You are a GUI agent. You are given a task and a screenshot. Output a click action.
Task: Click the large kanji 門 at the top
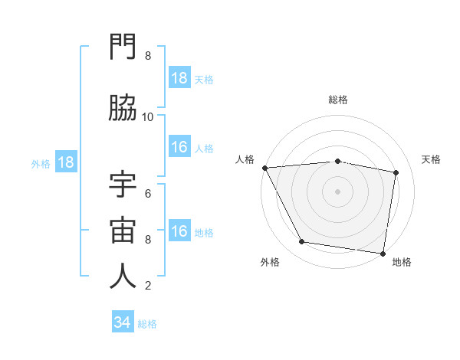123,49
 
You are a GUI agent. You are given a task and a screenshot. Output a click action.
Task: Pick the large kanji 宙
123,231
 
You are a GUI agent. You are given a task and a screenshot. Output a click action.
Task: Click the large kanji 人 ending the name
123,277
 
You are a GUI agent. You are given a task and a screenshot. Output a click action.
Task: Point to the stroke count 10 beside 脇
148,117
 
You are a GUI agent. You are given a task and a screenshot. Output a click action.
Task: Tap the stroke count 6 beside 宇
148,193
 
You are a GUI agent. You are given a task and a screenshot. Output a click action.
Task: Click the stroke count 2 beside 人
148,286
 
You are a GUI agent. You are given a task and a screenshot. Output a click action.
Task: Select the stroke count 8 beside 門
148,57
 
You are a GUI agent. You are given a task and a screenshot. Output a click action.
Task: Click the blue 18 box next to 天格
179,78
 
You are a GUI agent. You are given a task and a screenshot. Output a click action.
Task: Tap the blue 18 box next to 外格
65,162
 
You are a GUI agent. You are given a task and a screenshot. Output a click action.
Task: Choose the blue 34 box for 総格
122,322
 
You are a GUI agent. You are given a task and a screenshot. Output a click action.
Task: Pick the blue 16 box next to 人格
179,147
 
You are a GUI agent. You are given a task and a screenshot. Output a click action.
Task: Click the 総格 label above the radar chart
337,100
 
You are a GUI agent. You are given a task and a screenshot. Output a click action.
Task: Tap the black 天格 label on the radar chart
432,159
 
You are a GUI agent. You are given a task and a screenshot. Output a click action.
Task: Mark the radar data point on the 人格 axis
264,168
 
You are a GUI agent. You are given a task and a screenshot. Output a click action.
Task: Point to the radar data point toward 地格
383,253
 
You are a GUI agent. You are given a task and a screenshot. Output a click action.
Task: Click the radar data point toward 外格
302,243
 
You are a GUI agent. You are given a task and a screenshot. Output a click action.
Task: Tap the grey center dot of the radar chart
337,191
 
